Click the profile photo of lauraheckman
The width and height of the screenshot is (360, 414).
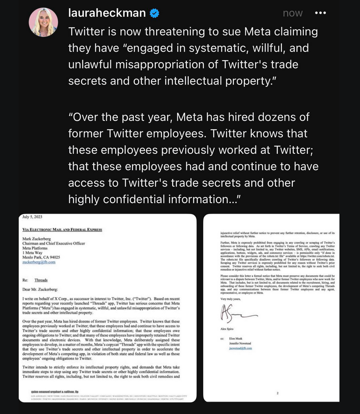pyautogui.click(x=44, y=22)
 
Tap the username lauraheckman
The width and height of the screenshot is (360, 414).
pyautogui.click(x=107, y=13)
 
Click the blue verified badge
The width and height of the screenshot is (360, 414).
pyautogui.click(x=155, y=14)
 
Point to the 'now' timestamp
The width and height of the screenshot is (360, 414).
pyautogui.click(x=292, y=13)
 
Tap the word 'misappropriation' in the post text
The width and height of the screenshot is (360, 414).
pyautogui.click(x=147, y=64)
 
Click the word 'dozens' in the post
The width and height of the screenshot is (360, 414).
pyautogui.click(x=279, y=117)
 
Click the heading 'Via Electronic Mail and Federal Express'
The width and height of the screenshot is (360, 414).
pyautogui.click(x=62, y=230)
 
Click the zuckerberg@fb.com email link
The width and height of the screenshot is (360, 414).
pyautogui.click(x=39, y=262)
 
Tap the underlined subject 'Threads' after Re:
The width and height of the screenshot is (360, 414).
pyautogui.click(x=41, y=280)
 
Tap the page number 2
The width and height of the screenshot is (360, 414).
pyautogui.click(x=278, y=393)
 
